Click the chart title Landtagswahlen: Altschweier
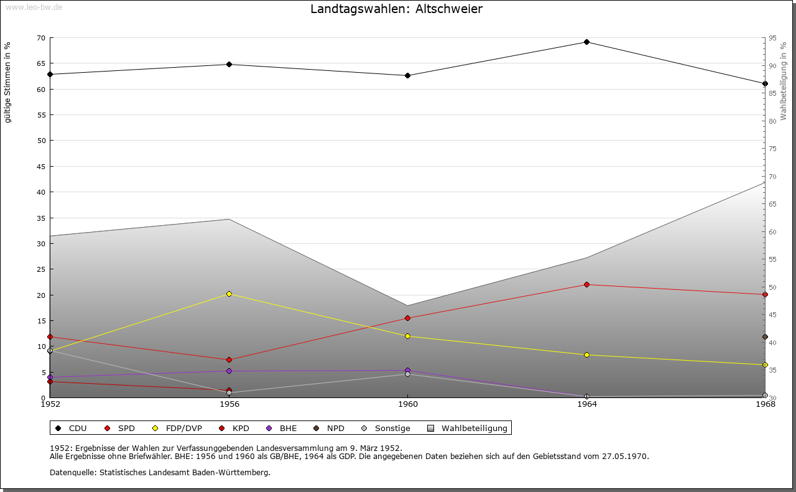(396, 9)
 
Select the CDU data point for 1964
(586, 42)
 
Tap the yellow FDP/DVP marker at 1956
(229, 294)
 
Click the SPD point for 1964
(586, 285)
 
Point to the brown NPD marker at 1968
(765, 337)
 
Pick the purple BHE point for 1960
(407, 371)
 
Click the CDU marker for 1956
(229, 64)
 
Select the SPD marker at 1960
(407, 318)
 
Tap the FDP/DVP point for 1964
(586, 355)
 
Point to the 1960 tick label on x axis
(407, 405)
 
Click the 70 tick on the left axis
(41, 38)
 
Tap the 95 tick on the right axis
(772, 38)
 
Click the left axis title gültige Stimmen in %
(8, 82)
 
